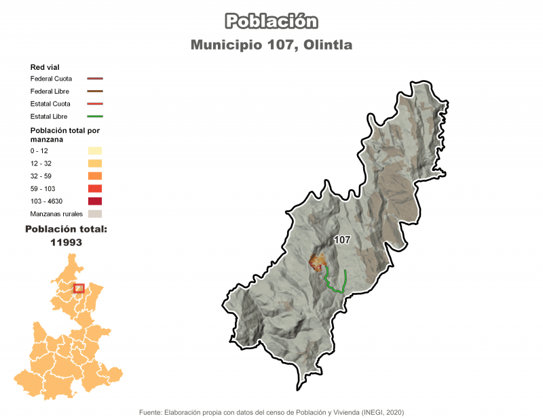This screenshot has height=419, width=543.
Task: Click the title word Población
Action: point(271,22)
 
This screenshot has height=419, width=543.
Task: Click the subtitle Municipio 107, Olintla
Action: point(271,45)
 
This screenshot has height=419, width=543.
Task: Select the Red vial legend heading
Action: point(45,67)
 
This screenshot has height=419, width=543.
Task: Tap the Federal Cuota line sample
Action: point(94,79)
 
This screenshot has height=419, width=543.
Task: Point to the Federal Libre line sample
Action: point(94,91)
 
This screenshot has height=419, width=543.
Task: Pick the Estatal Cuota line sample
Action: point(94,104)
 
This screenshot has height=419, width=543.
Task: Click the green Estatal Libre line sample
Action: point(94,117)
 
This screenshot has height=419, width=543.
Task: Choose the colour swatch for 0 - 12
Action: point(94,151)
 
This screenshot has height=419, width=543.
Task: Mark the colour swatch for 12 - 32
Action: point(94,163)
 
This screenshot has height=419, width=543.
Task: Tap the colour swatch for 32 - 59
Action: point(94,176)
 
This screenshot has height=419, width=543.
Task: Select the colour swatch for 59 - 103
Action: point(94,188)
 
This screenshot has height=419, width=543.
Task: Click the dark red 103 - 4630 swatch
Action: point(94,201)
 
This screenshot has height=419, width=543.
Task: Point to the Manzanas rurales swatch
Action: point(94,214)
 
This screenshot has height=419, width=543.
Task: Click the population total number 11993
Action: point(66,242)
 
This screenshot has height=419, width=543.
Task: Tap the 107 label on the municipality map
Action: point(342,240)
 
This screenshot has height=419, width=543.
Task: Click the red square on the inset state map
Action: point(79,289)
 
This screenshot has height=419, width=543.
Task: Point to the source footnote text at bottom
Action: point(271,412)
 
